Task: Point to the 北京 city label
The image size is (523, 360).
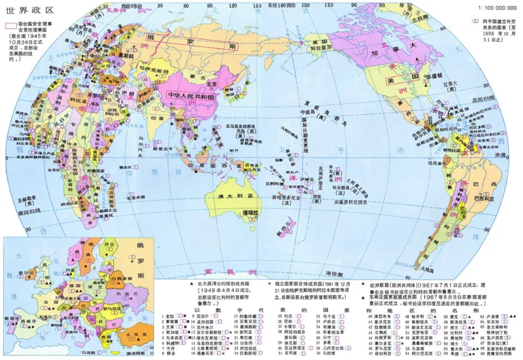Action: [x=212, y=84]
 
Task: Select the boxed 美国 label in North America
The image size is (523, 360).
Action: [x=398, y=80]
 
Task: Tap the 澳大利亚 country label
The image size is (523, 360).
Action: [x=236, y=197]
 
